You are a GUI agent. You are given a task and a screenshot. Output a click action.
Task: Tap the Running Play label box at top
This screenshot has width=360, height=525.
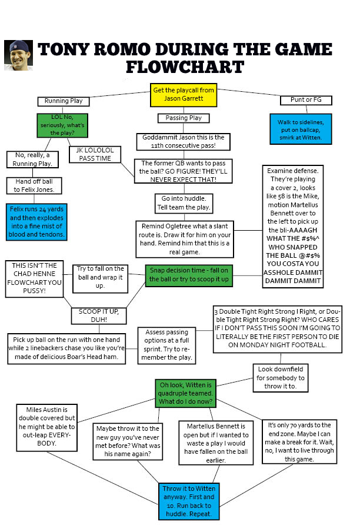pos(64,101)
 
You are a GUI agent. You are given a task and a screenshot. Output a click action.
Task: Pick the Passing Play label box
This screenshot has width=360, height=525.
pos(184,118)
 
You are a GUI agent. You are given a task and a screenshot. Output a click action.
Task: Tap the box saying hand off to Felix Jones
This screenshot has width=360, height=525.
pos(34,185)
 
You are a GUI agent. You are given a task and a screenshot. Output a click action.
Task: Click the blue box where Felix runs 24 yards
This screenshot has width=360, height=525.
pos(37,221)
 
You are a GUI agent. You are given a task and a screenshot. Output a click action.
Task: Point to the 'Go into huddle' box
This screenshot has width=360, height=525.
pos(183,203)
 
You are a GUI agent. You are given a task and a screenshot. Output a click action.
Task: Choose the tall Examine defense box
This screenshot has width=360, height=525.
pos(293,226)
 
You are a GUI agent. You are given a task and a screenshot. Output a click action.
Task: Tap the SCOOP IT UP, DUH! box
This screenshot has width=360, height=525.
pos(98,315)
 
